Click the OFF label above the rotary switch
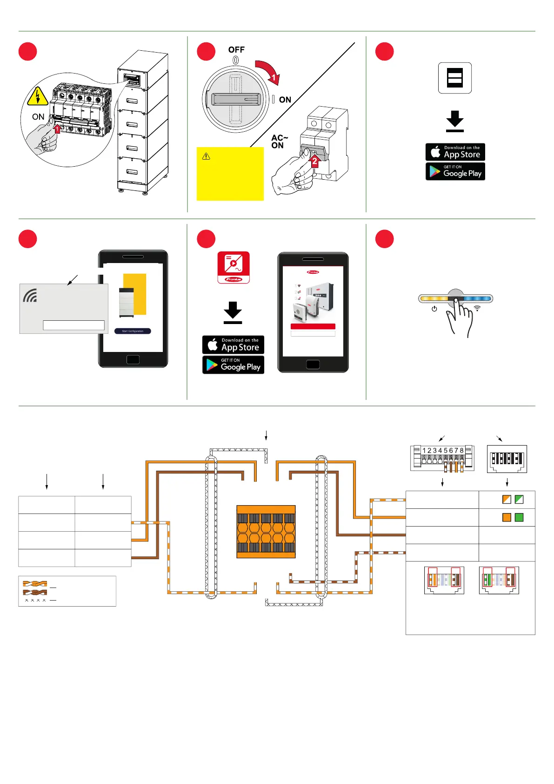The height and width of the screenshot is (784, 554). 236,50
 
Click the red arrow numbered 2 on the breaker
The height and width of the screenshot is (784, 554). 314,161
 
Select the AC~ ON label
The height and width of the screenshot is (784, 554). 279,142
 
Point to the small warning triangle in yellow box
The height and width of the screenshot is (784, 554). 206,156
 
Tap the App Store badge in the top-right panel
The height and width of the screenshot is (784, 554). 455,152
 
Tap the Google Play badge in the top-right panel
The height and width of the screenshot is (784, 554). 455,171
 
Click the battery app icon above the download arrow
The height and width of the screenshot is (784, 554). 454,78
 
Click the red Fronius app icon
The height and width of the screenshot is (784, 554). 234,267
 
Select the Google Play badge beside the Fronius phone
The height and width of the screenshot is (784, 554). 233,365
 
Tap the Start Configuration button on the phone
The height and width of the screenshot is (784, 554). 133,331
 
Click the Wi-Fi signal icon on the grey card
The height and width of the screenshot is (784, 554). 30,296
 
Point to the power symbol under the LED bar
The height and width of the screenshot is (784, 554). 434,309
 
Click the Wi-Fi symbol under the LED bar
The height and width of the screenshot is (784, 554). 477,308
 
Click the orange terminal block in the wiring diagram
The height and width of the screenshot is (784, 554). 266,532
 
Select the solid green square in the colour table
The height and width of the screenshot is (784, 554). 519,517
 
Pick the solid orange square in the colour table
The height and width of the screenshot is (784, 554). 507,517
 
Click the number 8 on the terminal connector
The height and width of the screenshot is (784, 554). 461,451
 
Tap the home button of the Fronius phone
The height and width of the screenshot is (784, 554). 313,365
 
